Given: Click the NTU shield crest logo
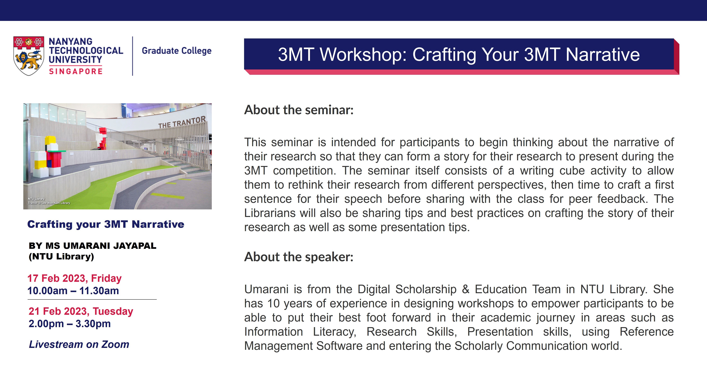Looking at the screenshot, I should point(29,56).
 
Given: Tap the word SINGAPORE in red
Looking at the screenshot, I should point(76,71).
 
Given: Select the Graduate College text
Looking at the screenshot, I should point(176,51).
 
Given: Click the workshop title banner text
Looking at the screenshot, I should point(459,54).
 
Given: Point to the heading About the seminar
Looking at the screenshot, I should point(299,110).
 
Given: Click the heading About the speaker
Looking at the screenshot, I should point(299,257).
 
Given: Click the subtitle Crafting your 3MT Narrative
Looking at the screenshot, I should point(106,224).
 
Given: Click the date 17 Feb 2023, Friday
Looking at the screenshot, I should point(74,278).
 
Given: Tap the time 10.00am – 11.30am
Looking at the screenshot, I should point(73,291).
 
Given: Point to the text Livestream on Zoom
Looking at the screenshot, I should point(79,344).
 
